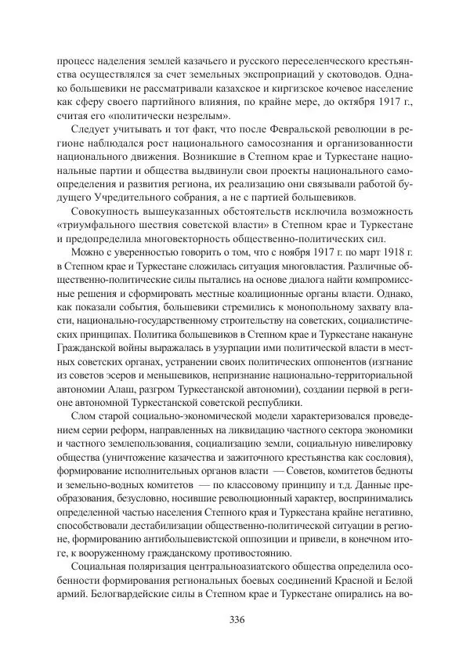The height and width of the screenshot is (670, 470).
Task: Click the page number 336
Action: (x=235, y=621)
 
